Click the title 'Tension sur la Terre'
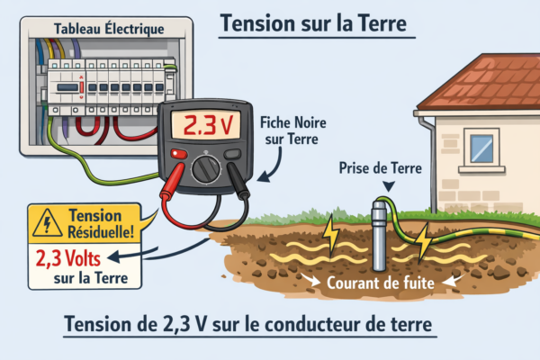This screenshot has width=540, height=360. pos(316,22)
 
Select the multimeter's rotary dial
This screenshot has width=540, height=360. pos(210,168)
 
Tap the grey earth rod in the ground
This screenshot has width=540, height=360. pos(382,238)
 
